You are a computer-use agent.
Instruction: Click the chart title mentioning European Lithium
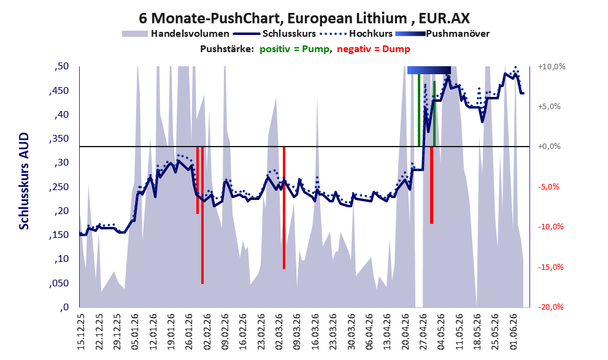tap(304, 18)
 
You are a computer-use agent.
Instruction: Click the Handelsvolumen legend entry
tap(175, 34)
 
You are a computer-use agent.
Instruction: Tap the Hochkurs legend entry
tap(356, 34)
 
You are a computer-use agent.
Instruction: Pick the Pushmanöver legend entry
tap(442, 34)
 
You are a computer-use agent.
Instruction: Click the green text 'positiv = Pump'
tap(294, 49)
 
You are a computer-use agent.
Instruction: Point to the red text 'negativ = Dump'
tap(374, 49)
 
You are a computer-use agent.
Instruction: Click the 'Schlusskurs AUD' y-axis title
tap(24, 181)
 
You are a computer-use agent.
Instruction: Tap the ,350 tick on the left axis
tap(60, 139)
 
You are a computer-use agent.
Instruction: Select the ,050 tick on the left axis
tap(60, 283)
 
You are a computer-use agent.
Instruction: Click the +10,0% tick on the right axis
tap(552, 67)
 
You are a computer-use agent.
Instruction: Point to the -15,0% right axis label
tap(550, 267)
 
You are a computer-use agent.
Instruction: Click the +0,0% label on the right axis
tap(549, 147)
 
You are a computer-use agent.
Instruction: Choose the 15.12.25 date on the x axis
tap(81, 331)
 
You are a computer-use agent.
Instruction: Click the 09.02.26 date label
tap(226, 331)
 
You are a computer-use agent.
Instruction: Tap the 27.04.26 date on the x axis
tap(424, 331)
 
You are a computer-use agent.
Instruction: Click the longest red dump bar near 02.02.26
tap(202, 215)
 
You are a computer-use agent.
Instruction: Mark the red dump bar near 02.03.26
tap(284, 208)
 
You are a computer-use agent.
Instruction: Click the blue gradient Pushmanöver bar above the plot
tap(429, 70)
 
